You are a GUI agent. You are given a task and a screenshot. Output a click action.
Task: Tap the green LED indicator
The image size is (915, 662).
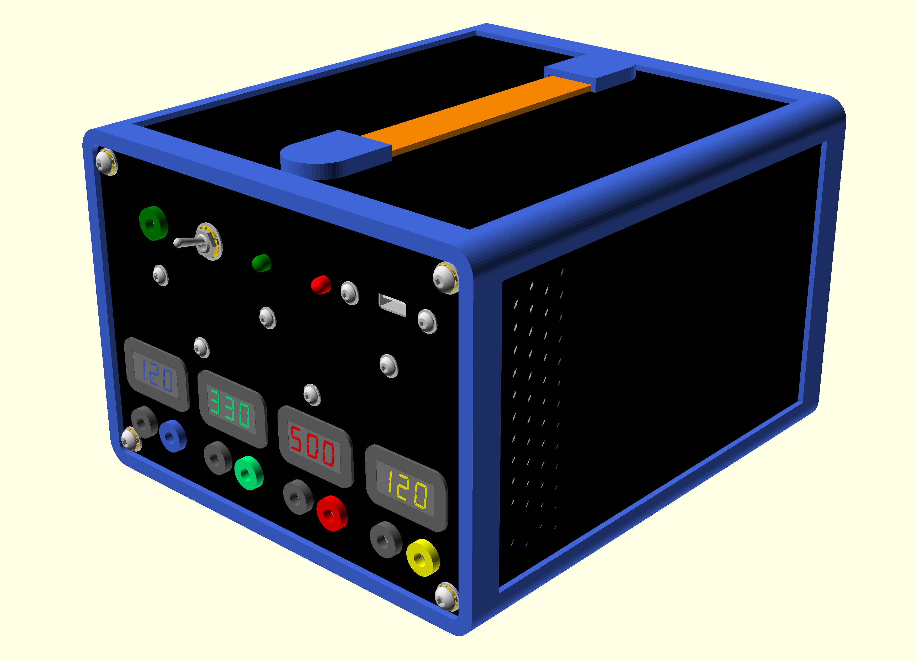coord(262,263)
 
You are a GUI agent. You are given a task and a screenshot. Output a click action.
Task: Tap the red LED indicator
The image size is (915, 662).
coord(321,285)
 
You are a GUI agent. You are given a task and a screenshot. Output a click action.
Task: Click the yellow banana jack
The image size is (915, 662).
coord(423,558)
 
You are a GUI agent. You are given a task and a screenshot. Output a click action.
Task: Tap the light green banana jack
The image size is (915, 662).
coord(249,473)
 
